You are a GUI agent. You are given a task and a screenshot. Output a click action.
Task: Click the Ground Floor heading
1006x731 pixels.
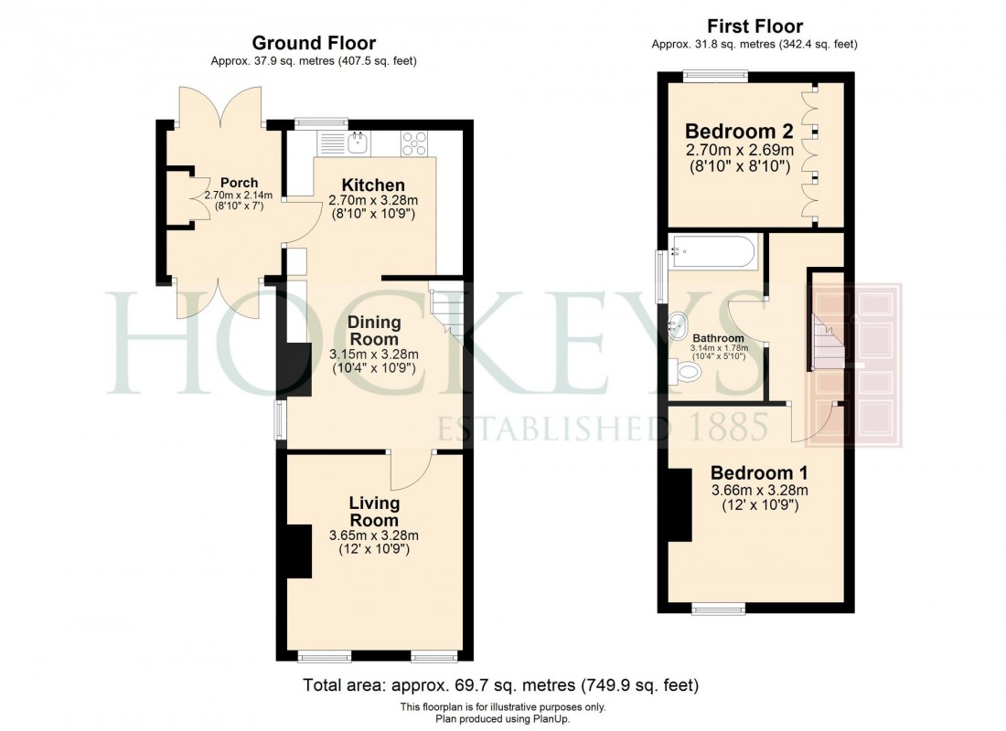coord(314,43)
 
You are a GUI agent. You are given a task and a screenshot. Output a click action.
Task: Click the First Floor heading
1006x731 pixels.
coord(754,26)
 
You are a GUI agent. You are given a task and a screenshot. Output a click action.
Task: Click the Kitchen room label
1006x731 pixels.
coord(373,185)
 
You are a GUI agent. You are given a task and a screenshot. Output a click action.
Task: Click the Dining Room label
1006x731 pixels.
coord(373,330)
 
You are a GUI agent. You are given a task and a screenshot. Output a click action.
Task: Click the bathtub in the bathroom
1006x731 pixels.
coord(712,250)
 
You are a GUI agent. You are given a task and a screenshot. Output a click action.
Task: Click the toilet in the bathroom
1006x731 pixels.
coord(685,371)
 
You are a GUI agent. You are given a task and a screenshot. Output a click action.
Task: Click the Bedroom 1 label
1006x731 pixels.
coord(759,473)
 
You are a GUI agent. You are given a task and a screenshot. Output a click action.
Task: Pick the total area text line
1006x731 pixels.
coord(502,684)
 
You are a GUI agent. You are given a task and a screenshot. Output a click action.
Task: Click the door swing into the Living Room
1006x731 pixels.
coord(410,471)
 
